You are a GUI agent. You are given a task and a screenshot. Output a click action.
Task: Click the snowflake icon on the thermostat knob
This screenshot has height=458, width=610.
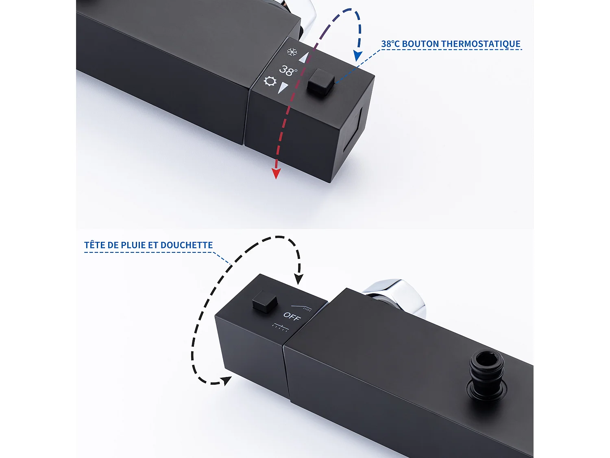click(x=292, y=52)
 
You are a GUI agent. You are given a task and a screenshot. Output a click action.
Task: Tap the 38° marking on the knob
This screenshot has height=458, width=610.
click(x=288, y=71)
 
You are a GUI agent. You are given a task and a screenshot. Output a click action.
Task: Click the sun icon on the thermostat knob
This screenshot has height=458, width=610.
click(x=270, y=81)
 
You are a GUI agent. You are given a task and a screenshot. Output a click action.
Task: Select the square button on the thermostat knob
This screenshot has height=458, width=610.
click(x=321, y=82)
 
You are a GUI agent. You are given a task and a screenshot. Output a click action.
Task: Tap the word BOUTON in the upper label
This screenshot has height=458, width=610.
click(x=420, y=44)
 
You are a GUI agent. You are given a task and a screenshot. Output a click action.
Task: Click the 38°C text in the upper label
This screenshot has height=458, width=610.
click(x=390, y=44)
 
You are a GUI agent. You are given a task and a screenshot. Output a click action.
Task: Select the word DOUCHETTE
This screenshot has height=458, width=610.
click(x=187, y=245)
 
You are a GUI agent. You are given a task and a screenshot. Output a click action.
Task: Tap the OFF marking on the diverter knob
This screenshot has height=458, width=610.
click(x=292, y=316)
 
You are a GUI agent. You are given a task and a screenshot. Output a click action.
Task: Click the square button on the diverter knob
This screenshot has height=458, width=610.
click(x=265, y=302)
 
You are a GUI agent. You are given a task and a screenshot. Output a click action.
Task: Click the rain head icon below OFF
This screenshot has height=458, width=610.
click(x=281, y=327)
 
